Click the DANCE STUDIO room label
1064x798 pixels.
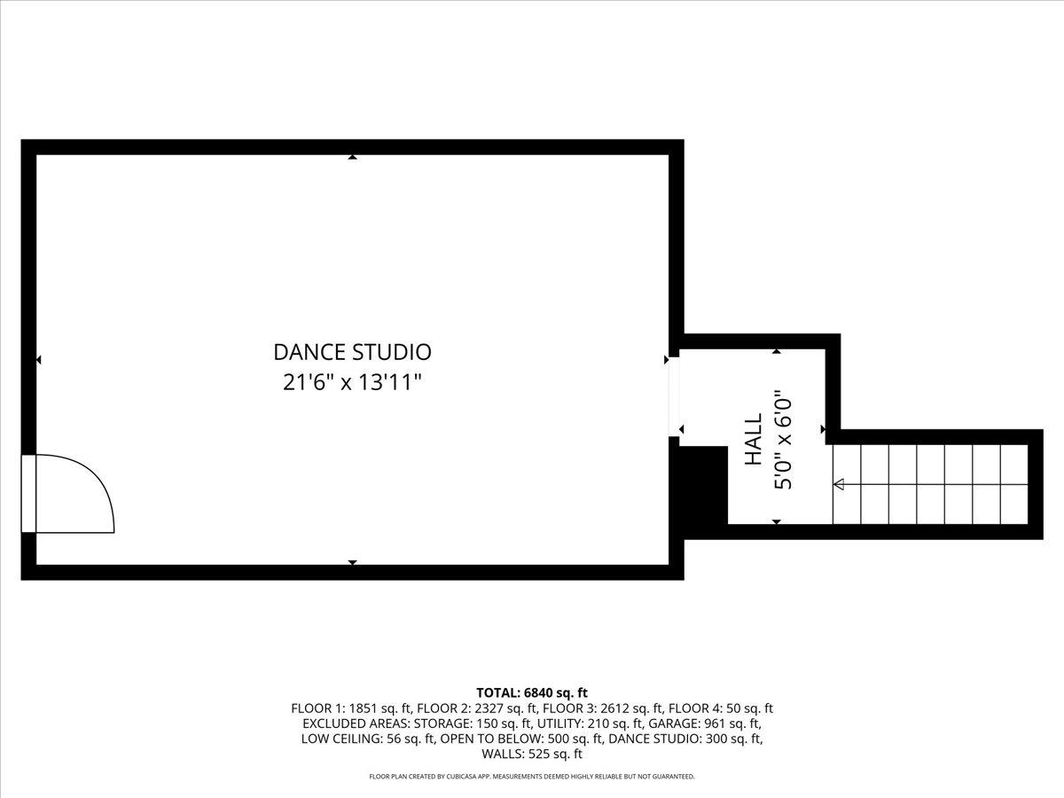tap(352, 352)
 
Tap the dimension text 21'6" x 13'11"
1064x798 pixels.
tap(352, 383)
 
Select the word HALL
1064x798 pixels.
tap(754, 440)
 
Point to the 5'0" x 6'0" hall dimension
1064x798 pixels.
tap(783, 440)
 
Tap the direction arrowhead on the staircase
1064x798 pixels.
tap(839, 484)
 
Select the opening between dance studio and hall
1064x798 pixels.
tap(674, 397)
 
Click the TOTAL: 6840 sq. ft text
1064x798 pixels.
tap(532, 692)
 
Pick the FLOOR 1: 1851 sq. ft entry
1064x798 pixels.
tap(351, 708)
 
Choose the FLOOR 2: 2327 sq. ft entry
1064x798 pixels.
tap(477, 708)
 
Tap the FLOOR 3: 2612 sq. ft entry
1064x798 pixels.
tap(603, 708)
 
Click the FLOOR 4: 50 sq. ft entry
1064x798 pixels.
tap(721, 708)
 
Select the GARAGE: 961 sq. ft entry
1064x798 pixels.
tap(705, 724)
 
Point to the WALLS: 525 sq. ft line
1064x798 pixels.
tap(532, 754)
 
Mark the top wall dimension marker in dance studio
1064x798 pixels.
tap(352, 157)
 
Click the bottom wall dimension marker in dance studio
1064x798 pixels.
tap(352, 562)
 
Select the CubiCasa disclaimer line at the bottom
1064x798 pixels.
tap(532, 776)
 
